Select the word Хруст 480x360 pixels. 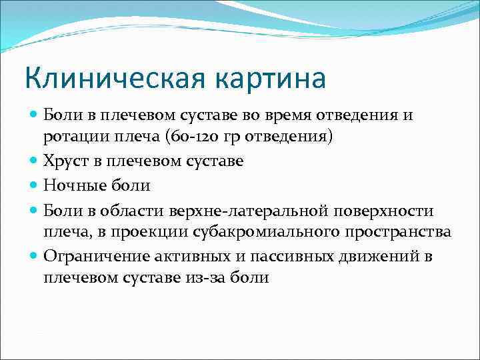(65, 161)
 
